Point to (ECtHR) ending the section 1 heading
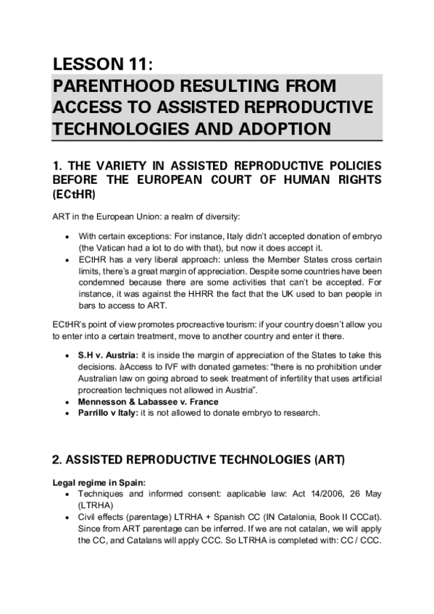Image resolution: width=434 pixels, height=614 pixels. pos(74,195)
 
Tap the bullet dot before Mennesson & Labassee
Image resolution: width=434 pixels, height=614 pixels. pos(67,402)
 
